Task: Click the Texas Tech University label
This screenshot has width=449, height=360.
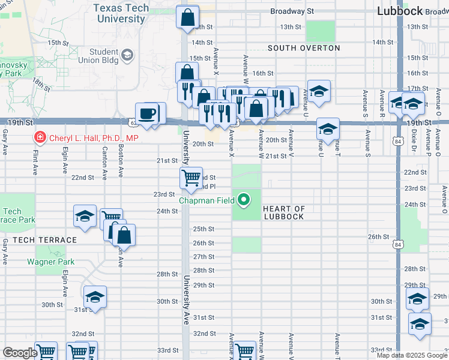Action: (120, 14)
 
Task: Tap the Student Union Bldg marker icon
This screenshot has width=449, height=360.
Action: (127, 56)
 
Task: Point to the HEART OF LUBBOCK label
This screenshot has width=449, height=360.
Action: (284, 212)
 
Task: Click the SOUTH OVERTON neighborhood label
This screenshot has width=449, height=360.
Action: (304, 48)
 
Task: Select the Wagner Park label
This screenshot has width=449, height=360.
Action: (50, 262)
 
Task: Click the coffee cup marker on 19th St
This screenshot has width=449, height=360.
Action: (147, 114)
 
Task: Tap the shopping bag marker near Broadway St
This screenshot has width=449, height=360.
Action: (187, 17)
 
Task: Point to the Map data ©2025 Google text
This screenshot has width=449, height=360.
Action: (412, 355)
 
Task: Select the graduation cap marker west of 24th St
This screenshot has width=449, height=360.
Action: (85, 217)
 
